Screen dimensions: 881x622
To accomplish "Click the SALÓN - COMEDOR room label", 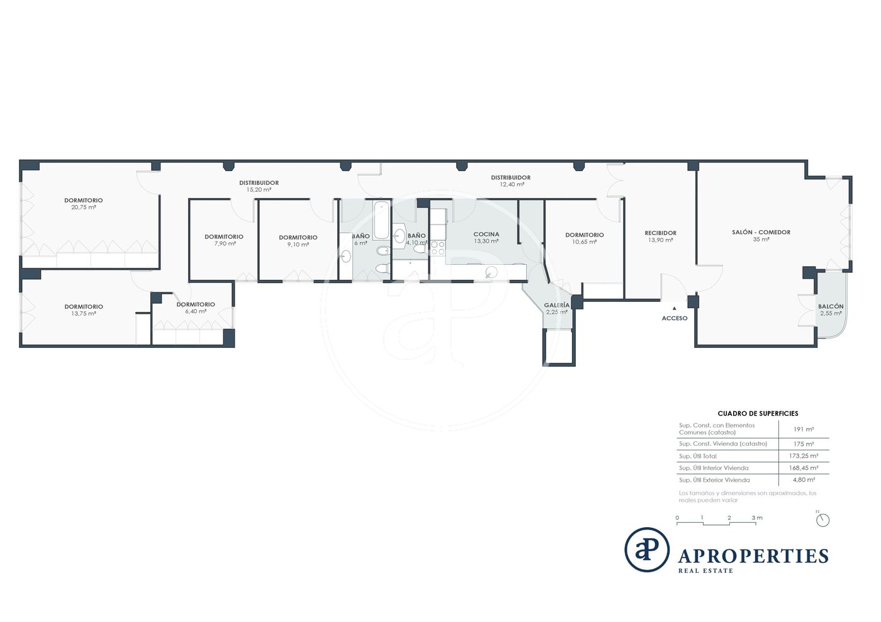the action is (761, 232).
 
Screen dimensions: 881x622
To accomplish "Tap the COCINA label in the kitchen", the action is (486, 235).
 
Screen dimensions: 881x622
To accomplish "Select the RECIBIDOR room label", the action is (660, 233).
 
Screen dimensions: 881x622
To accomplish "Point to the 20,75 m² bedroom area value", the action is (83, 207).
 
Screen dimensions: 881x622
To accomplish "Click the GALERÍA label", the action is (556, 305).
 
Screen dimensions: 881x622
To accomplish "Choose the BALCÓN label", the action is (831, 306).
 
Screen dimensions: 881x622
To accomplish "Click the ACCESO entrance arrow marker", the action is (675, 309).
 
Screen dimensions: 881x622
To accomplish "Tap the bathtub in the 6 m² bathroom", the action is (381, 220).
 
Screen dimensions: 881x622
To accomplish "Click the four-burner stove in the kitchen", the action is (438, 248).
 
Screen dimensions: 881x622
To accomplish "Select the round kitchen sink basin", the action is (491, 272).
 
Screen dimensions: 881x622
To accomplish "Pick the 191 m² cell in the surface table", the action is (804, 430).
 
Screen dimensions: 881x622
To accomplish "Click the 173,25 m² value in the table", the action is (804, 456).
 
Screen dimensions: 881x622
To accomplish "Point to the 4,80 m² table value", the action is (804, 480).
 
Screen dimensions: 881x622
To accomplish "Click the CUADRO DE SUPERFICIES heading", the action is (758, 414).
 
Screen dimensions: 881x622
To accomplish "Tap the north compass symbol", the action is (822, 519).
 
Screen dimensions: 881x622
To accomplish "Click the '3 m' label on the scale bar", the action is (757, 518).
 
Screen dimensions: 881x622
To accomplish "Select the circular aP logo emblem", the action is (647, 549).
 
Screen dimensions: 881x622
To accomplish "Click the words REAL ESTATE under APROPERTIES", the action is (705, 570).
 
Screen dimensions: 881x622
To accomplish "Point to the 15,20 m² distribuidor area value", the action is (259, 189).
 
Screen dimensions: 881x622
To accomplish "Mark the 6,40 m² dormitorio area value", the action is (196, 311).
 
